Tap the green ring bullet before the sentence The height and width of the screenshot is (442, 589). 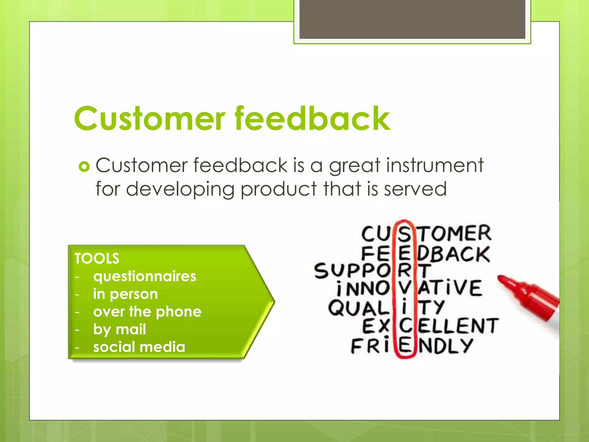(x=84, y=167)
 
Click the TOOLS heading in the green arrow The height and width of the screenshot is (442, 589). (x=97, y=258)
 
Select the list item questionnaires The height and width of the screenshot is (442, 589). (x=145, y=276)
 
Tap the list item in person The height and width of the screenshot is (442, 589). (x=125, y=294)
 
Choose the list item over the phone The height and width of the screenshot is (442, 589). (x=147, y=312)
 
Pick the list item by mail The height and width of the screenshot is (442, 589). (x=119, y=329)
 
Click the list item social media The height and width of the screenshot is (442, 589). (x=139, y=347)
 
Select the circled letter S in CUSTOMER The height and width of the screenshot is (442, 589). (x=404, y=234)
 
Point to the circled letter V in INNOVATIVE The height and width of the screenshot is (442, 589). (x=405, y=288)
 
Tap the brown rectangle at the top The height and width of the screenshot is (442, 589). (x=412, y=19)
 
